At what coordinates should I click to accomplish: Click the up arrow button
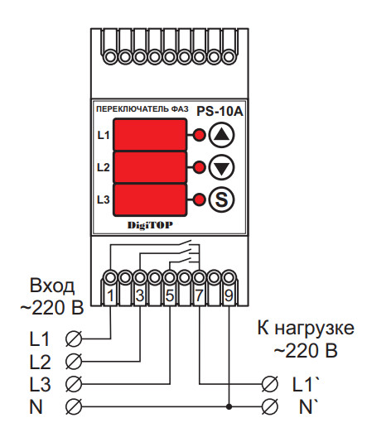pos(221,135)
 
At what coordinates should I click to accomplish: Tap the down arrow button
pos(221,167)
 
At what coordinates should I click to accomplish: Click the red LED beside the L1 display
pos(199,135)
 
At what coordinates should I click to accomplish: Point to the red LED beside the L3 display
pos(199,199)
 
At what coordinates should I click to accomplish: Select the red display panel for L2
pos(150,167)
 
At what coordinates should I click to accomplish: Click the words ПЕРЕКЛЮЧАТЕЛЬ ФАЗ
pos(142,109)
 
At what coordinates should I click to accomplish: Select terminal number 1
pos(110,295)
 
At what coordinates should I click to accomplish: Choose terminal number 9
pos(229,295)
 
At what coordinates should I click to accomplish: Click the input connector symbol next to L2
pos(72,361)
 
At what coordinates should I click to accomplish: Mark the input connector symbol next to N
pos(72,406)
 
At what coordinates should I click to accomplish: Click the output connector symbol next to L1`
pos(270,383)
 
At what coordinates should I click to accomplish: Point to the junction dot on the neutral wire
pos(229,406)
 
